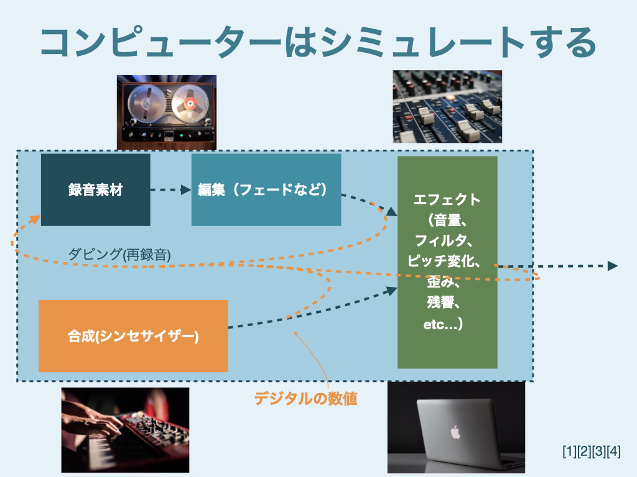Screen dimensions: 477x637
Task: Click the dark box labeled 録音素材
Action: [95, 189]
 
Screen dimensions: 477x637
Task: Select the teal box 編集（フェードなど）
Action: [266, 189]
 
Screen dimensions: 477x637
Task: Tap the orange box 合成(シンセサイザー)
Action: [133, 336]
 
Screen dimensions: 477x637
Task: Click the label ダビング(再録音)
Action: [119, 253]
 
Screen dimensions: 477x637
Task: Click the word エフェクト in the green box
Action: [447, 199]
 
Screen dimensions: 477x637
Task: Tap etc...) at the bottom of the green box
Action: [442, 324]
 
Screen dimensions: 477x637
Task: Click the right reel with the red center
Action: [188, 103]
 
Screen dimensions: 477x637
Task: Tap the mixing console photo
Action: [447, 106]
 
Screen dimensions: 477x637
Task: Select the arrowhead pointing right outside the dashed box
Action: [612, 266]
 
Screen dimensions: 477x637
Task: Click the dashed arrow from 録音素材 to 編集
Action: [170, 190]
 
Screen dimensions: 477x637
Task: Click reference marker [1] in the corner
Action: [569, 452]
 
